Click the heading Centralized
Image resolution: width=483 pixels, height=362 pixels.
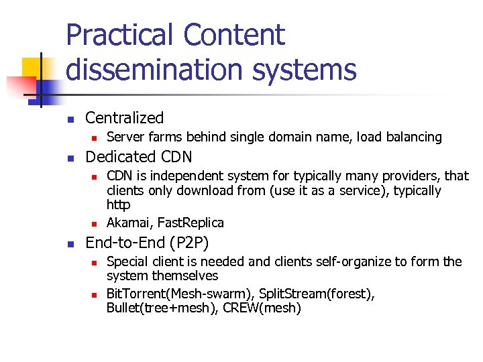coord(124,118)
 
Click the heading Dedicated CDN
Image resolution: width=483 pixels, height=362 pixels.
coord(138,157)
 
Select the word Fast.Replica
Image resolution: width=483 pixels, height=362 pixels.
coord(191,223)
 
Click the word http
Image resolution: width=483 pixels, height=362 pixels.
coord(118,205)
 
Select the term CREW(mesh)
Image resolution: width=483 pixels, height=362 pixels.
coord(264,308)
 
